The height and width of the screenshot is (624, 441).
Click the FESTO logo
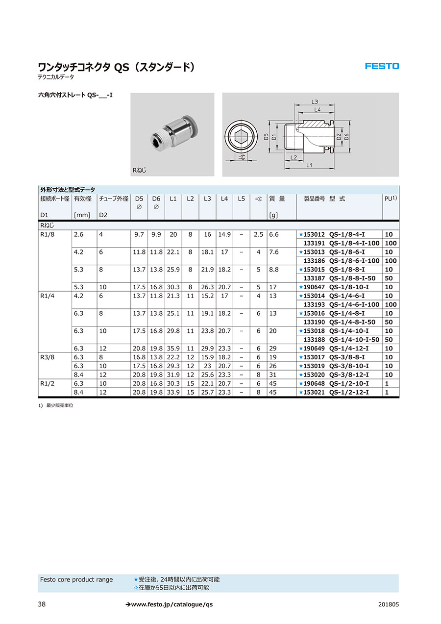point(382,66)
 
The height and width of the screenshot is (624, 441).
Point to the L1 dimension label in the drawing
point(309,166)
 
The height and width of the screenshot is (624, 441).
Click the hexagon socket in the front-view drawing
point(242,137)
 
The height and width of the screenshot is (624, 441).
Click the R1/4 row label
point(47,296)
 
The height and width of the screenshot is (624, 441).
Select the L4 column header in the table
point(224,199)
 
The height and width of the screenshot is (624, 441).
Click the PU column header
point(391,199)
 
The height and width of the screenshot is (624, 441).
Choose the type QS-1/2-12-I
point(349,393)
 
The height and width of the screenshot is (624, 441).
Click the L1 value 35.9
point(173,349)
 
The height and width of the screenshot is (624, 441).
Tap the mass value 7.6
point(273,252)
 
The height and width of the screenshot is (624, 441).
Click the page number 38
point(42,604)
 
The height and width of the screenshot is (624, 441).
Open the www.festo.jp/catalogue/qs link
point(169,604)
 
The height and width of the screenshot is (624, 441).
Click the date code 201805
point(389,604)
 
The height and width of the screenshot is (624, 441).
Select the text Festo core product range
point(76,580)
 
